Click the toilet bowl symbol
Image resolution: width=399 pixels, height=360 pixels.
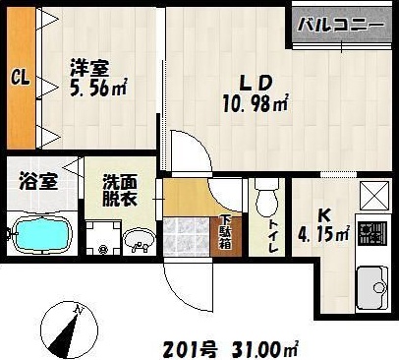coord(262,202)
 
